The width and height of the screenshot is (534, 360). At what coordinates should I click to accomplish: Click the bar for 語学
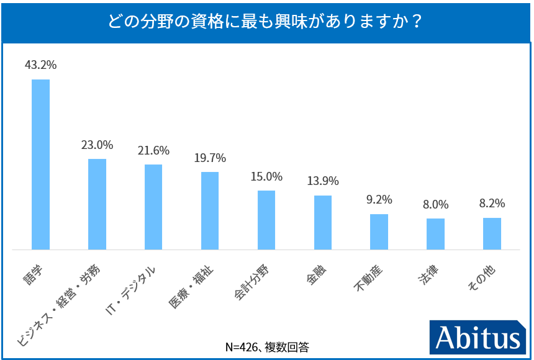click(41, 164)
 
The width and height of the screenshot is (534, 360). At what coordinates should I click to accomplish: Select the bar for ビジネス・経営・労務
click(97, 204)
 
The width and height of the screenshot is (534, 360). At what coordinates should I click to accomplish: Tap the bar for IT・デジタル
click(153, 207)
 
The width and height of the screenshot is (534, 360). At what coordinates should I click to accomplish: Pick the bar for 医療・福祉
click(210, 210)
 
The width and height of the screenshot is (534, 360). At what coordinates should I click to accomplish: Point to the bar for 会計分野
click(266, 220)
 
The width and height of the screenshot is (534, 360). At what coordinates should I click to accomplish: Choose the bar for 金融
click(323, 222)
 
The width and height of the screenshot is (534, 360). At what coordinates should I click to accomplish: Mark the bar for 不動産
click(379, 232)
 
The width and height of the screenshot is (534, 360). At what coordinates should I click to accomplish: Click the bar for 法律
click(435, 234)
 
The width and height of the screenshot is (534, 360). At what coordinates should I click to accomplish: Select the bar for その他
click(492, 233)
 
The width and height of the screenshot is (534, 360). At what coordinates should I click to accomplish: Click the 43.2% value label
click(41, 65)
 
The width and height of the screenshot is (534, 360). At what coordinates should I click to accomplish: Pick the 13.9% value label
click(323, 181)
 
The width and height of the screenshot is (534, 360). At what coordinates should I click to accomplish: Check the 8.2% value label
click(492, 204)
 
